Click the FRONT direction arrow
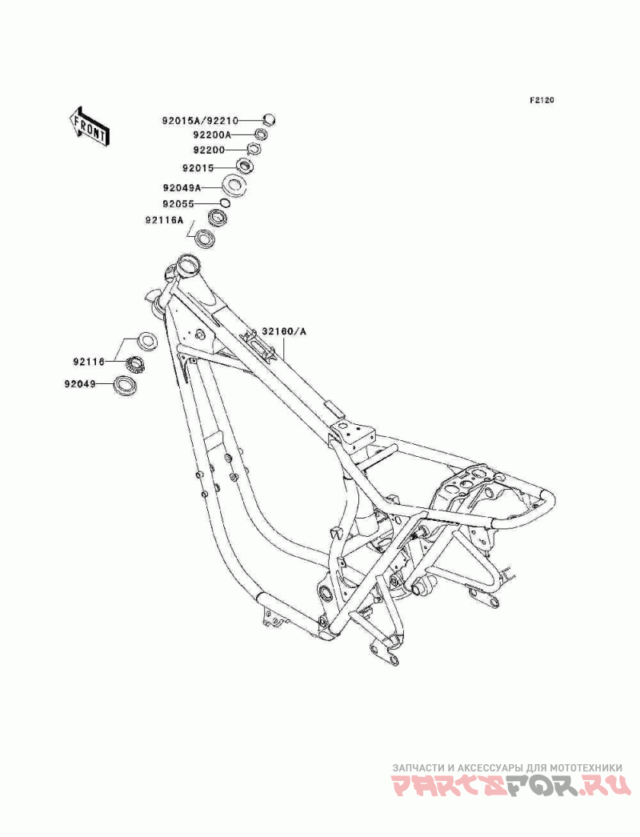click(x=89, y=126)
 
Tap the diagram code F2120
click(x=542, y=100)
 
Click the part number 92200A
click(x=213, y=135)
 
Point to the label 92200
click(x=210, y=150)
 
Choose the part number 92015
click(x=198, y=168)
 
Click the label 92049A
click(x=182, y=188)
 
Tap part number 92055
click(x=179, y=204)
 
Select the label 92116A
click(x=163, y=219)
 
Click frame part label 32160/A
click(x=285, y=331)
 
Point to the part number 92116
click(x=90, y=362)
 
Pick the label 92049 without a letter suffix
click(x=80, y=383)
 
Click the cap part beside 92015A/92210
click(x=270, y=119)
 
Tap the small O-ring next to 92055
click(x=225, y=202)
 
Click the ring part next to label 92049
click(x=125, y=384)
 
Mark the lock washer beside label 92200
click(x=253, y=149)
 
